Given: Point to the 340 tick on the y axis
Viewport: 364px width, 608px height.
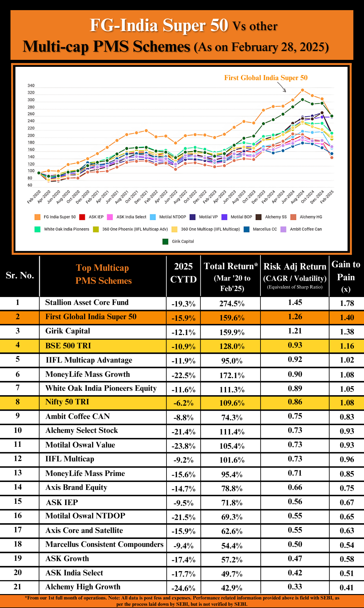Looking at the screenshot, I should click(31, 85).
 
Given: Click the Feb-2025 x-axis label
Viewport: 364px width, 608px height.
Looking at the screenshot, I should click(327, 197).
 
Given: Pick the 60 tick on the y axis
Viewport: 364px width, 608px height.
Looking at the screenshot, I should click(30, 185).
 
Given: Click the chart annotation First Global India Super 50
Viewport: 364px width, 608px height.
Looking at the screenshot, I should click(266, 78).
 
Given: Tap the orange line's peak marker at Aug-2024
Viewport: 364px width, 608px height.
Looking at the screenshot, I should click(302, 90).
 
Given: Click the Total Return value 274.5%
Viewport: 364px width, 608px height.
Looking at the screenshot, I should click(232, 303).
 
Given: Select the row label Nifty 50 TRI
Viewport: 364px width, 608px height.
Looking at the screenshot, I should click(67, 402).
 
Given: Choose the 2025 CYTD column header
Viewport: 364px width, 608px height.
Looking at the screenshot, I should click(184, 273).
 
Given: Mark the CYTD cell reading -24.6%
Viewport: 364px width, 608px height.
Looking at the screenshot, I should click(184, 588).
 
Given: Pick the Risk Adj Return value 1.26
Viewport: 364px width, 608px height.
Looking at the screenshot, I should click(295, 317).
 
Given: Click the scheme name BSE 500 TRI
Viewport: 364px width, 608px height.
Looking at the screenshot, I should click(68, 345).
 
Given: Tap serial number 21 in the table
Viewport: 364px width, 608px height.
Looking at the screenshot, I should click(18, 587).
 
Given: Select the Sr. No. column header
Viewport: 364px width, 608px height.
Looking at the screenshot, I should click(20, 275).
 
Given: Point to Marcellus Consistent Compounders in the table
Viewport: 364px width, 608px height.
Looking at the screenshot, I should click(104, 544).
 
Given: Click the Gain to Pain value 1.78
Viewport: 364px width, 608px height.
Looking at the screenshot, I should click(347, 303).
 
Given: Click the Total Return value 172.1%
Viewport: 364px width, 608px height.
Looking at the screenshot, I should click(232, 376).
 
